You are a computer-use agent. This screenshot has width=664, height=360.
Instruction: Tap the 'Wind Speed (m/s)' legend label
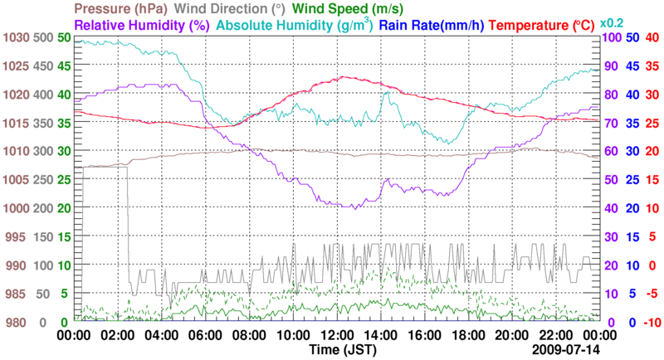click(359, 8)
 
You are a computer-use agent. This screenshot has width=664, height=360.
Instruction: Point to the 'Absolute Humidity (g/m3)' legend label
click(293, 26)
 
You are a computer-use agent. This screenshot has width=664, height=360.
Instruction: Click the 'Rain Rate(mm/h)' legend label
click(432, 26)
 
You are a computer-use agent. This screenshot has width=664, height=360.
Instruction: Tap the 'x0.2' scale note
click(613, 22)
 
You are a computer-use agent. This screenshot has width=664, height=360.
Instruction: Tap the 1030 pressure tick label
click(15, 37)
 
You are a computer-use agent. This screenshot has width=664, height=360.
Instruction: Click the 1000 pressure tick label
click(15, 208)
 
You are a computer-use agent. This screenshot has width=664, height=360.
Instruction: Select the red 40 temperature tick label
click(652, 37)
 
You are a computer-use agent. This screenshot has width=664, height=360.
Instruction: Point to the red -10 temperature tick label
click(650, 323)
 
